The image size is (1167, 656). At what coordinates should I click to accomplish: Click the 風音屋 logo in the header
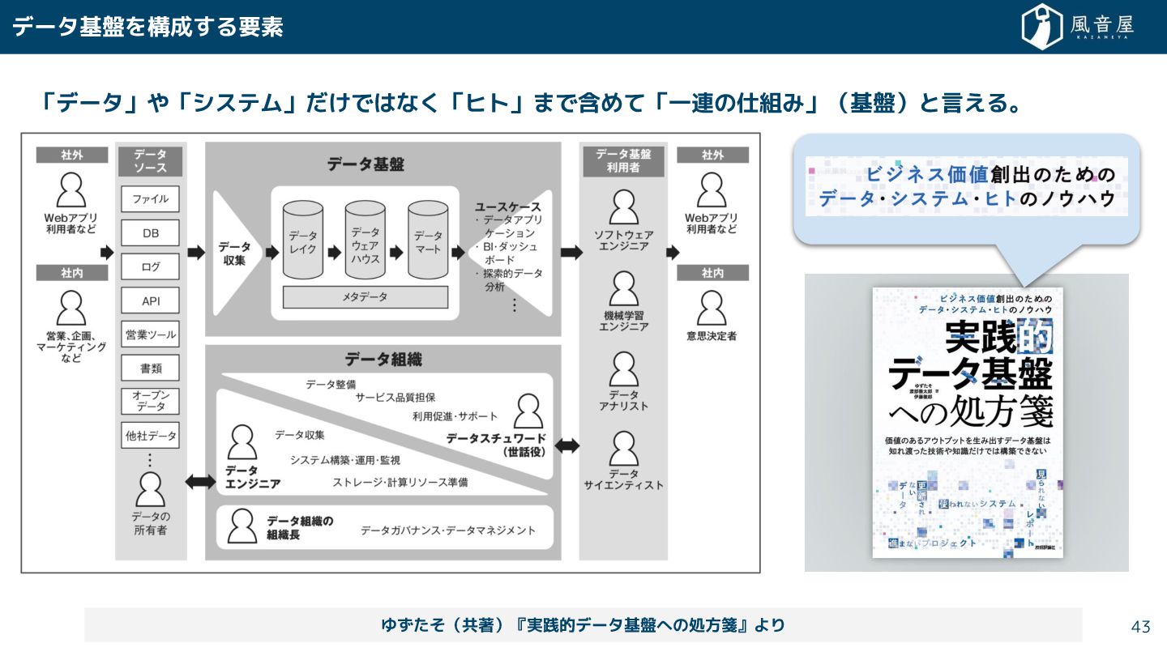tap(1078, 27)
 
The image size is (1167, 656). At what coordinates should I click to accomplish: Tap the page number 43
tap(1140, 626)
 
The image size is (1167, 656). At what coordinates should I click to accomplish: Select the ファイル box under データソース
tap(151, 199)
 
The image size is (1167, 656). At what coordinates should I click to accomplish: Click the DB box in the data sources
tap(151, 233)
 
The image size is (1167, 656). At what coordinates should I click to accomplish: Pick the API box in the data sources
tap(151, 300)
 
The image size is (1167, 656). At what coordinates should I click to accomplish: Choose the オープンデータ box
tap(151, 400)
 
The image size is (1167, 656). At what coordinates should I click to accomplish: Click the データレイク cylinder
tap(303, 242)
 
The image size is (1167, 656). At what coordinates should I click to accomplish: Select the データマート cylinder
tap(428, 242)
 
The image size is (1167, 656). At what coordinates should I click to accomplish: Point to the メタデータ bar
tap(365, 297)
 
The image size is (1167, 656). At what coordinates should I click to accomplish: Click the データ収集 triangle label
tap(234, 253)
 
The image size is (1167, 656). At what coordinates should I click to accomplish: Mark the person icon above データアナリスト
tap(623, 370)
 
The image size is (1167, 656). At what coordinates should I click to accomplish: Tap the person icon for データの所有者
tap(151, 488)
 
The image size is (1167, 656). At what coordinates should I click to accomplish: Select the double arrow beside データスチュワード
tap(566, 445)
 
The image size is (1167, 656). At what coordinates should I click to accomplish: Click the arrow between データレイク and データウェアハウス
tap(334, 253)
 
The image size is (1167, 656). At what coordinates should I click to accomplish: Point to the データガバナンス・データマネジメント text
tap(448, 530)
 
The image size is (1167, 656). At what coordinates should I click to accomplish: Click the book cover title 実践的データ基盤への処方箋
tap(968, 373)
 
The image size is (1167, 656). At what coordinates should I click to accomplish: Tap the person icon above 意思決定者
tap(712, 308)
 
